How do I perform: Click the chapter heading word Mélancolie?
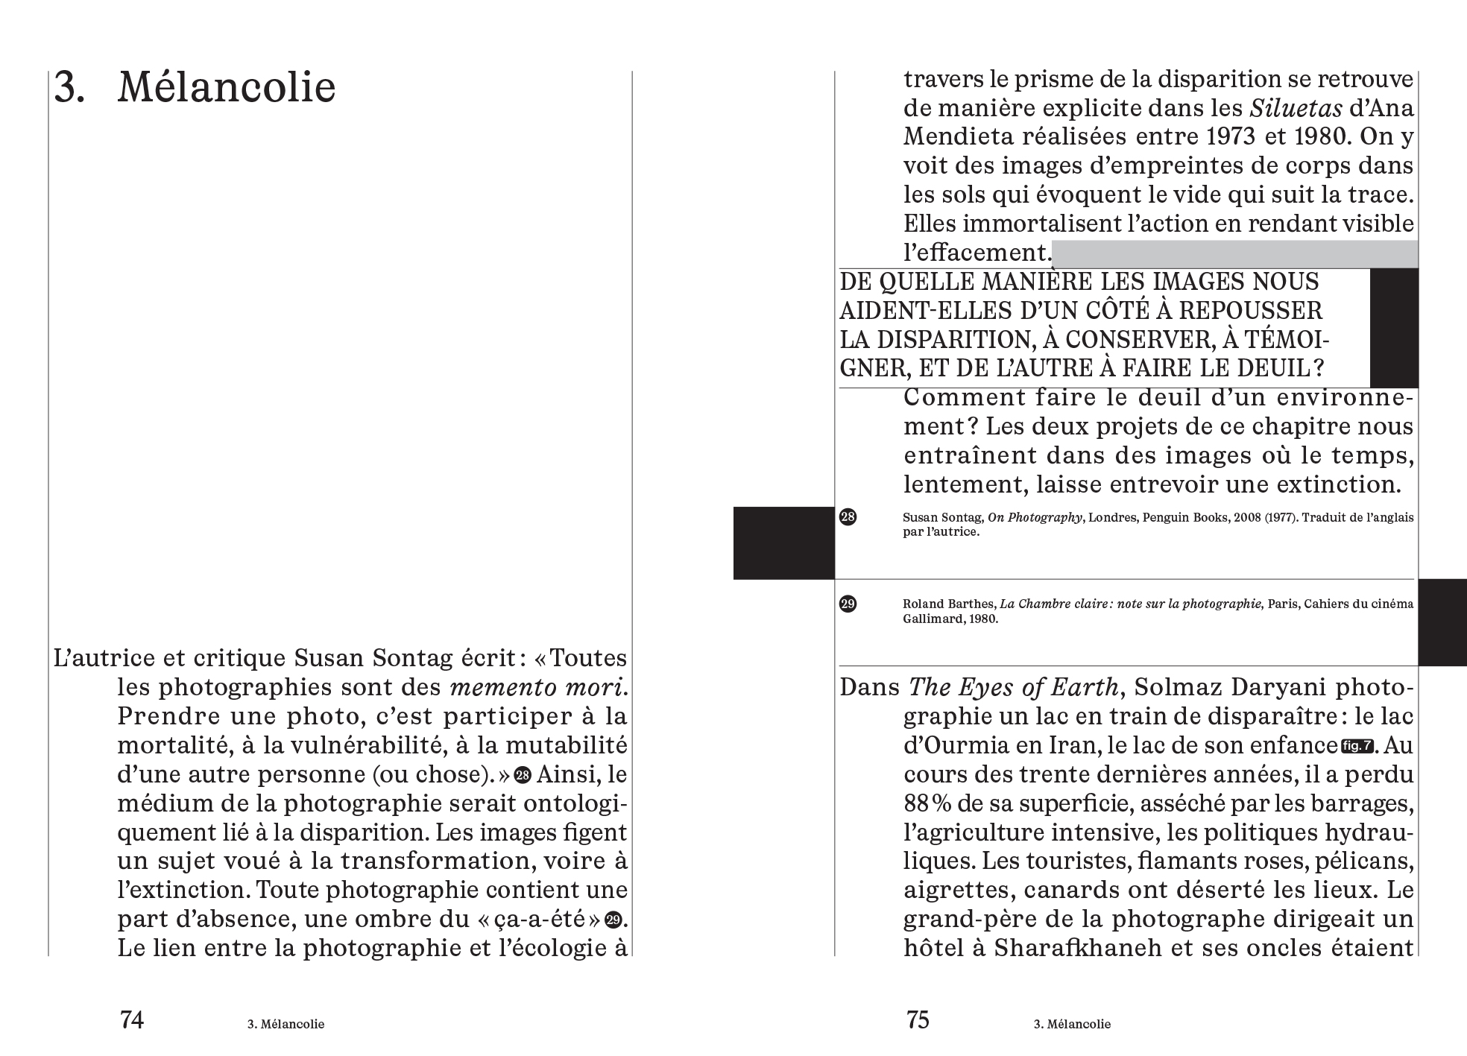(226, 88)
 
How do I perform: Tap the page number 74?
(132, 1019)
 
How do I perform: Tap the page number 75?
(918, 1019)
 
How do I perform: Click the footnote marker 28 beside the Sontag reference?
(848, 517)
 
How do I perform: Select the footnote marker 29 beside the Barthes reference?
(848, 604)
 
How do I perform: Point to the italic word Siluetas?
(1296, 109)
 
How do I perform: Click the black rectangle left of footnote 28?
(783, 543)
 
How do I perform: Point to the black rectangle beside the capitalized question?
(1394, 328)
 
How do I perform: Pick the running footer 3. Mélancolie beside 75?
(1072, 1024)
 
